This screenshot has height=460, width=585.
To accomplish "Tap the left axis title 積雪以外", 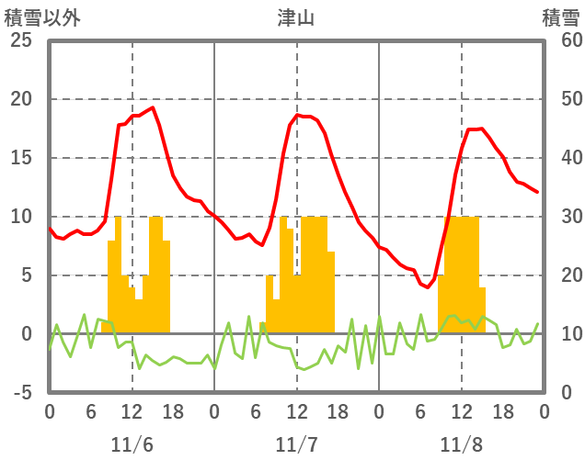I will point(41,17).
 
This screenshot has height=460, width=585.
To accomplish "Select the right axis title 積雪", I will point(560,17).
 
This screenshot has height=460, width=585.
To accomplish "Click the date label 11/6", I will point(132,445).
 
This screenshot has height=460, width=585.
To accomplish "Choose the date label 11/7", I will point(296,445).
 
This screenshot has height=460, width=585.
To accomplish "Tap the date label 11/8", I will point(461,445).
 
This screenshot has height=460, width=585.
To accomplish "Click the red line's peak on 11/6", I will point(153,107).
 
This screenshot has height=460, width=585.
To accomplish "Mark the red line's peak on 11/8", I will point(480,129).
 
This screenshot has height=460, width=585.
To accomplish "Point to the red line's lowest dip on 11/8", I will point(427,287).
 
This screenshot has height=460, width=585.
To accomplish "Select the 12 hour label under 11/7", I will point(296,412).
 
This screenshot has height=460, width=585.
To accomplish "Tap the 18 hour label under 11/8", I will point(502,412).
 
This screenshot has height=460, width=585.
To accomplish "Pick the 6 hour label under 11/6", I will point(90,412).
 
